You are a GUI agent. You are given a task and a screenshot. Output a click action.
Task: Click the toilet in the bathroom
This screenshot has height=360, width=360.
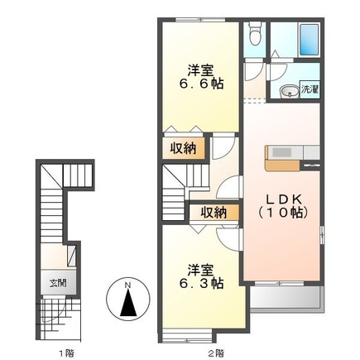[x=254, y=33]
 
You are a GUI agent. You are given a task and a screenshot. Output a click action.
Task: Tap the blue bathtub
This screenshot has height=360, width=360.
[x=310, y=41]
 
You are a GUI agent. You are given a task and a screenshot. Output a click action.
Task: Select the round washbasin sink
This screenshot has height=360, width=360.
[x=290, y=91]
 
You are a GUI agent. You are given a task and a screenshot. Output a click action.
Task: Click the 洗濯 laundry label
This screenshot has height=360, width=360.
[x=310, y=89]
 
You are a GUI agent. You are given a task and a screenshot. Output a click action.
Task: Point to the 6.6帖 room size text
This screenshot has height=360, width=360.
[x=201, y=84]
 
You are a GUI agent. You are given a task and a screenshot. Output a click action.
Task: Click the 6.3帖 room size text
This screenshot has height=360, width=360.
[x=201, y=283]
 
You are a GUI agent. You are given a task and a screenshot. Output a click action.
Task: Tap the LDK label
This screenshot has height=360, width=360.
[x=283, y=199]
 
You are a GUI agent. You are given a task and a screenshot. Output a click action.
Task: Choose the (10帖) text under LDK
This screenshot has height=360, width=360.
[x=283, y=213]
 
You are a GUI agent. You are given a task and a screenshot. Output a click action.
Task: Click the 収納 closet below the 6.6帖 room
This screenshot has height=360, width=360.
[x=183, y=149]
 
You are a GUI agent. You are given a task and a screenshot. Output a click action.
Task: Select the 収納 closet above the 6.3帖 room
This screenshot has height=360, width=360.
[x=214, y=213]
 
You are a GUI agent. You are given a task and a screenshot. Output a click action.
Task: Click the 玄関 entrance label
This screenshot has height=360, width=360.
[x=58, y=283]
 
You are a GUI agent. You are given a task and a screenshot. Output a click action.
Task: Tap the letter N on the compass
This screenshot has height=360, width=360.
[x=127, y=286]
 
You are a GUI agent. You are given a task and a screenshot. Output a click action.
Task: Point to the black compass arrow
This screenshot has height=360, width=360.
[x=128, y=304]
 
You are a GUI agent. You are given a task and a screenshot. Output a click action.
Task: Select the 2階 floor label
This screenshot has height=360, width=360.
[x=217, y=353]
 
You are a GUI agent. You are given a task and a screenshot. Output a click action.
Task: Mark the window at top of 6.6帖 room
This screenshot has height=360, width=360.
[x=200, y=20]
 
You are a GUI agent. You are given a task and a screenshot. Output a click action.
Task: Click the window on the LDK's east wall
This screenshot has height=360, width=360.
[x=322, y=235]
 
